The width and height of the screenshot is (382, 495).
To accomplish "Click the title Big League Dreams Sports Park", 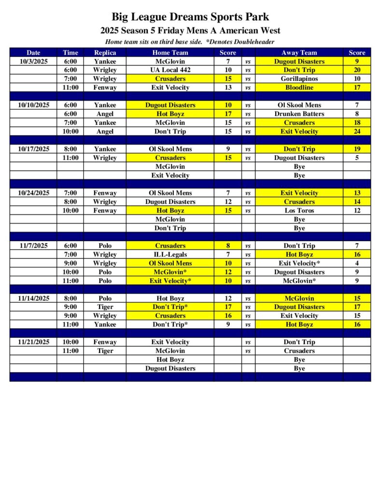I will [x=190, y=17].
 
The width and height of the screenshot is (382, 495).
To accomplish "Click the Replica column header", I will [x=105, y=53].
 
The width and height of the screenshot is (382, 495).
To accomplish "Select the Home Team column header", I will [x=170, y=53].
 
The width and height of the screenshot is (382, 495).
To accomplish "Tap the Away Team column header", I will [x=299, y=53].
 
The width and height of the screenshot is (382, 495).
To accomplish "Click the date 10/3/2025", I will [x=33, y=61].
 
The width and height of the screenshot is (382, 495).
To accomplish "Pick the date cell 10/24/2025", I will [x=33, y=193].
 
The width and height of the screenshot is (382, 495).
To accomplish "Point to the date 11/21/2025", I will [x=33, y=342].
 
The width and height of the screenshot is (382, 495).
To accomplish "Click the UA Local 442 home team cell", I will [x=170, y=70].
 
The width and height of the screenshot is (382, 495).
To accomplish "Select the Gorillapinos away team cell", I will [x=299, y=79].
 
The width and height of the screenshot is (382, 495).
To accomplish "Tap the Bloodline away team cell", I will [x=299, y=87].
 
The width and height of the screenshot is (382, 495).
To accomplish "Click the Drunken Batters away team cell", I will [x=299, y=114].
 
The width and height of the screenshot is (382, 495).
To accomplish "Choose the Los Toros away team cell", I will [x=299, y=210].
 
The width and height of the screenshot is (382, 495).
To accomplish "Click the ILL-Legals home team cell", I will [x=170, y=254].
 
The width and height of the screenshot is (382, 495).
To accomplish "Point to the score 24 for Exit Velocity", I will [x=357, y=131].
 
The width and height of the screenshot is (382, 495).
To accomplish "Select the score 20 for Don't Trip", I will [x=357, y=70].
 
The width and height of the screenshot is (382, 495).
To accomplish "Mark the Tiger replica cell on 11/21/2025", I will [x=105, y=350].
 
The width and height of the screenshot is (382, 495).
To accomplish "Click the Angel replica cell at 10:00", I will [x=105, y=131].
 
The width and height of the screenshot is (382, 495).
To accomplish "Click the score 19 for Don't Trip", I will [x=357, y=149].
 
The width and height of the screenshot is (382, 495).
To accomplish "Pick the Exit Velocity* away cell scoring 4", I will [x=299, y=263].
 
